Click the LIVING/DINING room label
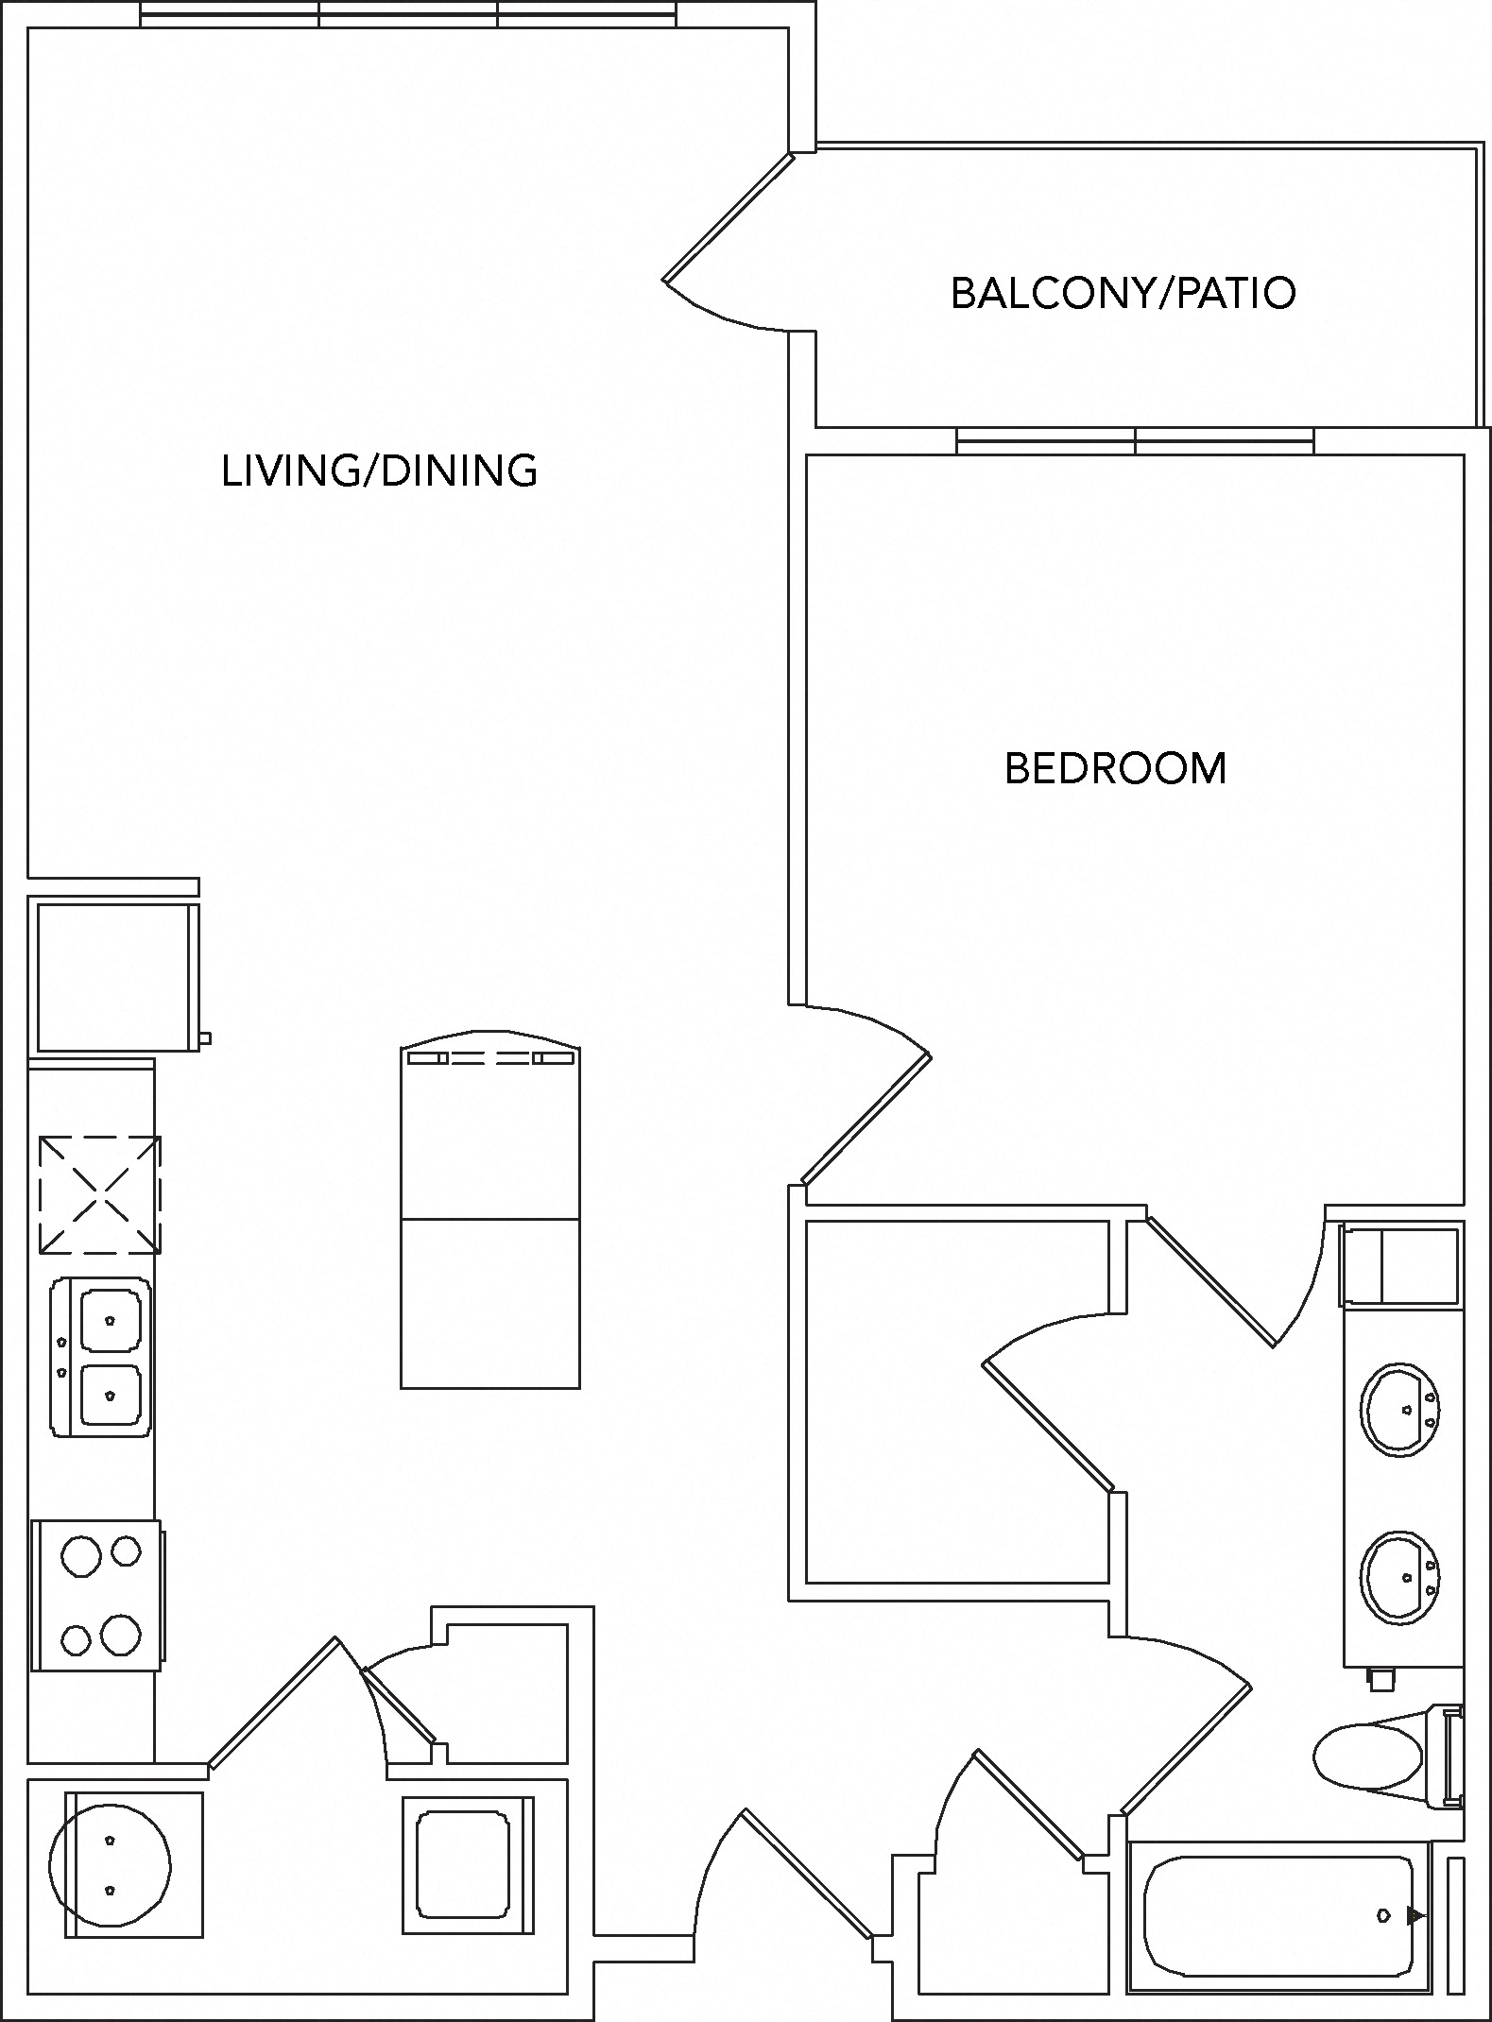(x=379, y=471)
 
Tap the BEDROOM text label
(x=1115, y=768)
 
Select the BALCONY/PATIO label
(x=1123, y=293)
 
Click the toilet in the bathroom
(x=1370, y=1756)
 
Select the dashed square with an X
(x=100, y=1195)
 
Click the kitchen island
(x=489, y=1219)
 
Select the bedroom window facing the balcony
(x=1135, y=440)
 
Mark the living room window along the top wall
(x=408, y=14)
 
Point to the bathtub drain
(x=1383, y=1915)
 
